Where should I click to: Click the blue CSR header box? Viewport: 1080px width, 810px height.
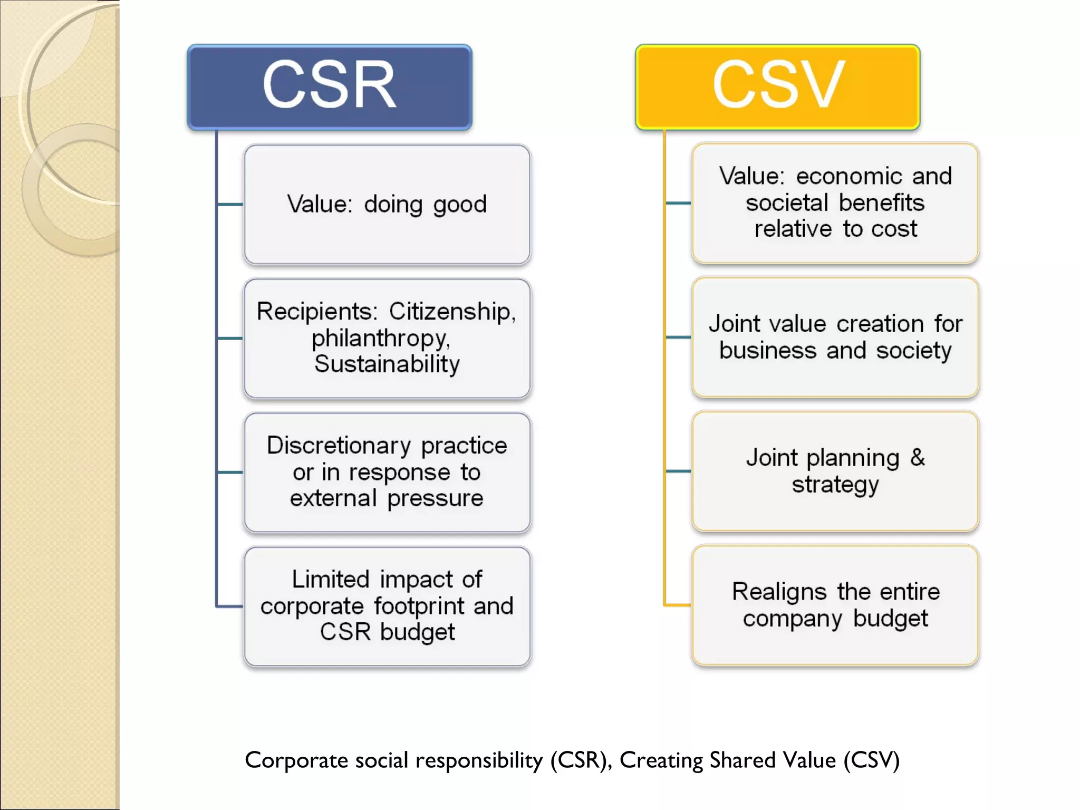click(330, 87)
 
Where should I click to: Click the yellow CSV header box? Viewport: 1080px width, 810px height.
click(778, 87)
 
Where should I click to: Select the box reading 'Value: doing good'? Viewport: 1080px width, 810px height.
click(387, 205)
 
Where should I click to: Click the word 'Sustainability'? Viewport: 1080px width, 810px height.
click(387, 364)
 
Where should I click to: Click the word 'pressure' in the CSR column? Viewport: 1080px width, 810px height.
click(435, 498)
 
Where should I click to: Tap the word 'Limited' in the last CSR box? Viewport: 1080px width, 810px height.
click(331, 579)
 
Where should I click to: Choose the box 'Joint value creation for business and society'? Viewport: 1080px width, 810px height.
click(835, 337)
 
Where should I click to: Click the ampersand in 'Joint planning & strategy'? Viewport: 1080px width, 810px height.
click(918, 457)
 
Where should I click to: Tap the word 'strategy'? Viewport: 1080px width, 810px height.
click(835, 485)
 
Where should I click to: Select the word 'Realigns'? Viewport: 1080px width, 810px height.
click(779, 592)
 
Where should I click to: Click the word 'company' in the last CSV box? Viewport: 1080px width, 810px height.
click(792, 619)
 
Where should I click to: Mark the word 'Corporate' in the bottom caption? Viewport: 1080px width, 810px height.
click(296, 760)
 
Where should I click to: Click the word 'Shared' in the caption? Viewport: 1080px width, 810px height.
click(743, 760)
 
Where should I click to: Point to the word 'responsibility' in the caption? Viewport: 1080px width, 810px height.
click(479, 760)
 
